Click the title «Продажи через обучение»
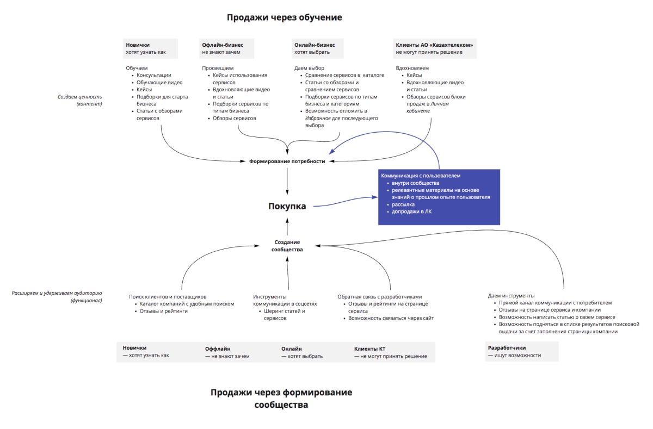[x=284, y=17]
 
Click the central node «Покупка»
[x=287, y=206]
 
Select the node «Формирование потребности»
[x=287, y=161]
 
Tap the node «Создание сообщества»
[x=287, y=245]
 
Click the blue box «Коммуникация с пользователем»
[x=439, y=196]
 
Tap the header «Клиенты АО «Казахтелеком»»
[x=434, y=48]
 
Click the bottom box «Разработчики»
[x=521, y=351]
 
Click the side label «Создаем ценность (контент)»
[x=80, y=100]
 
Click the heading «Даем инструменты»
[x=511, y=296]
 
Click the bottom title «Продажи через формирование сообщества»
[x=281, y=399]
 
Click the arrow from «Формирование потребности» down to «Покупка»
[x=287, y=181]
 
